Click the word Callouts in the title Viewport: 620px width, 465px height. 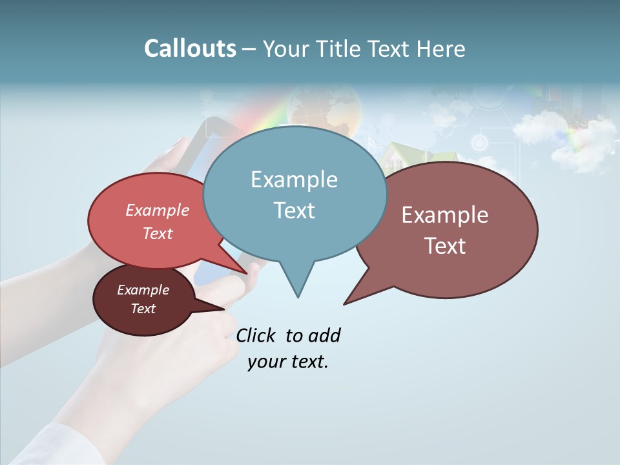point(190,48)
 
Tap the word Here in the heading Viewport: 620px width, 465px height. point(442,49)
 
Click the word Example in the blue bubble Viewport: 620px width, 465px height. point(294,180)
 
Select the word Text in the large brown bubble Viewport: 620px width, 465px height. point(445,246)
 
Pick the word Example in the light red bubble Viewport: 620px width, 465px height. point(158,211)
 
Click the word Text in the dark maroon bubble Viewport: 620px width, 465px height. point(143,309)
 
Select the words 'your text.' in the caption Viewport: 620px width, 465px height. point(287,362)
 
